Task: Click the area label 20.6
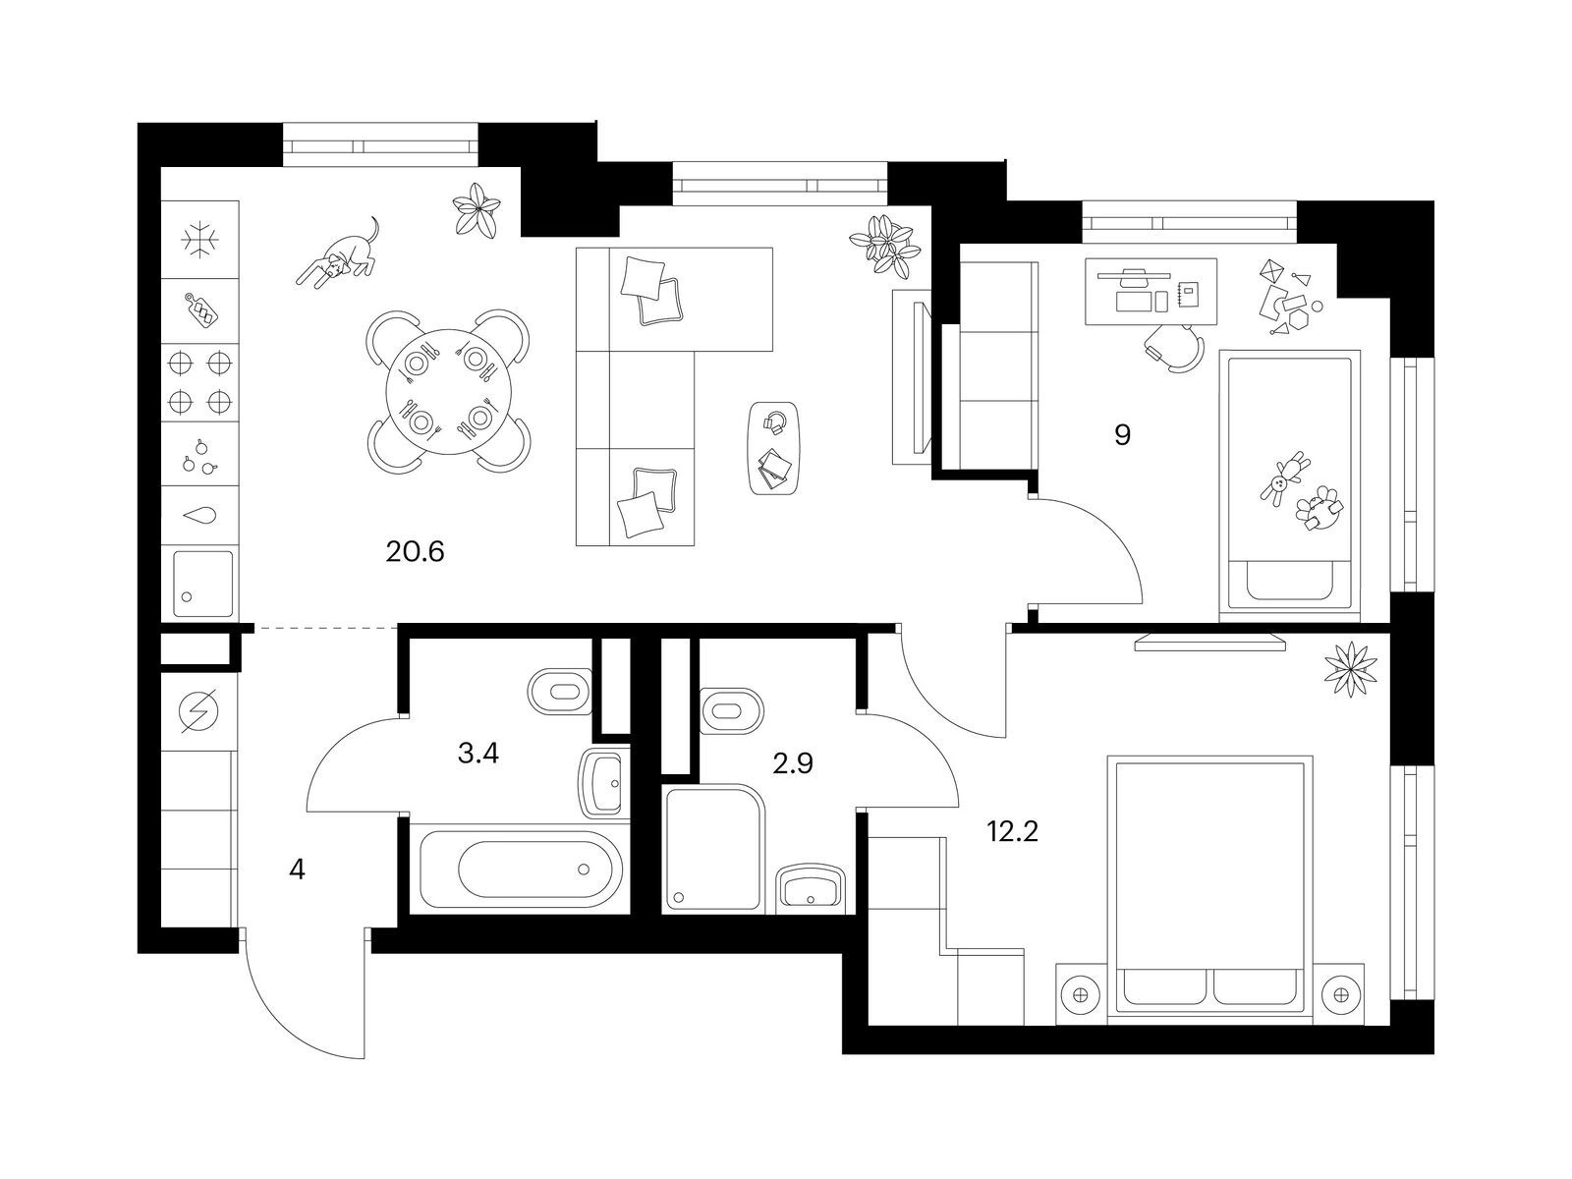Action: coord(415,552)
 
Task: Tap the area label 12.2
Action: coord(1012,832)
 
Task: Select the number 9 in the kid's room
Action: coord(1122,434)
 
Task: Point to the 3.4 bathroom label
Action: coord(477,753)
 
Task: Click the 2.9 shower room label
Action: coord(793,764)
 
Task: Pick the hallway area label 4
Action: coord(298,870)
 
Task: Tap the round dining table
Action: coord(449,392)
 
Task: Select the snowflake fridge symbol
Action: coord(199,239)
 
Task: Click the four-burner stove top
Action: coord(199,383)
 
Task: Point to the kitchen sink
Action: coord(199,584)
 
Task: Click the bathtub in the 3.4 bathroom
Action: coord(521,870)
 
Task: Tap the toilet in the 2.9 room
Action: coord(731,711)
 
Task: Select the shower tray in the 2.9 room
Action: coord(714,849)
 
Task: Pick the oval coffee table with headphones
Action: coord(774,448)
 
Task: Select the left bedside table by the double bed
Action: coord(1082,995)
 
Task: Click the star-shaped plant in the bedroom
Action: coord(1351,669)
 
